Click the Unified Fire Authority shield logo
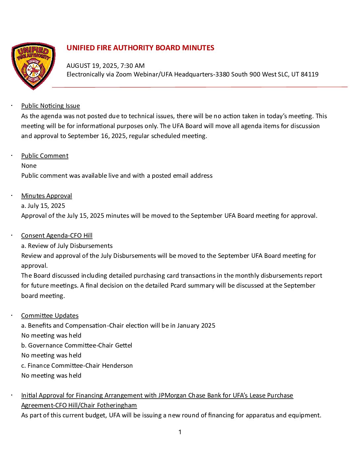tap(33, 66)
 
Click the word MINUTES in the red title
tap(198, 48)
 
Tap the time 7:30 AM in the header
tap(132, 66)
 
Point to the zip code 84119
tap(309, 74)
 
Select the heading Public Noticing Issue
tap(50, 106)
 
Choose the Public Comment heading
tap(45, 156)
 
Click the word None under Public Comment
tap(29, 166)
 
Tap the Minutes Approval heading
tap(46, 196)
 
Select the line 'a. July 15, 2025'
tap(43, 206)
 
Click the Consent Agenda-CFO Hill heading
tap(57, 236)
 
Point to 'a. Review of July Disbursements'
tap(67, 246)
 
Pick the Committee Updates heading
tap(50, 316)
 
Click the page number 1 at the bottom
tap(180, 432)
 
